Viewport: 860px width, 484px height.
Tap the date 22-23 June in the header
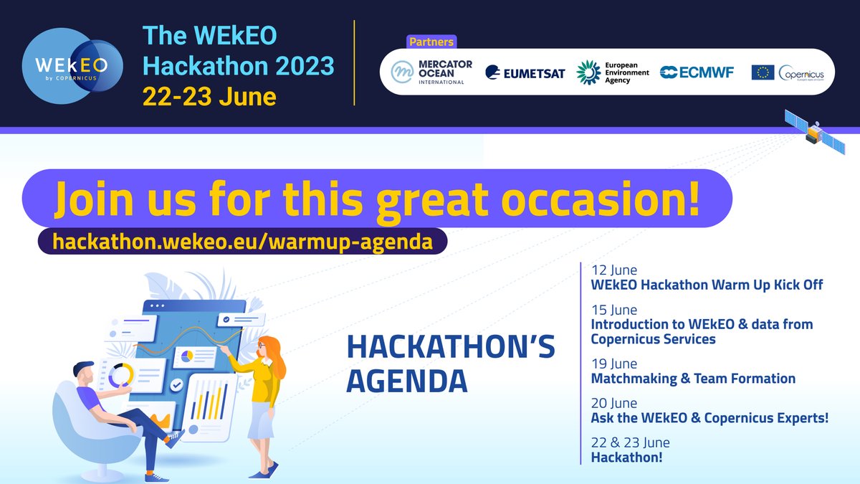coord(209,95)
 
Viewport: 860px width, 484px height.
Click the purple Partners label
coord(431,42)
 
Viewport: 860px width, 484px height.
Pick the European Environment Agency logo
coord(613,72)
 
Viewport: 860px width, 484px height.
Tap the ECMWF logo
coord(697,72)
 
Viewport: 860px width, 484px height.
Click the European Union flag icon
coord(763,72)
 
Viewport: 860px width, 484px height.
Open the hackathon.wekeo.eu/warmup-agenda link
coord(243,242)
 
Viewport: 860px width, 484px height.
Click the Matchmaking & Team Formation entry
coord(693,378)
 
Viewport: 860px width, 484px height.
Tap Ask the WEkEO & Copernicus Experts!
coord(709,417)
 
